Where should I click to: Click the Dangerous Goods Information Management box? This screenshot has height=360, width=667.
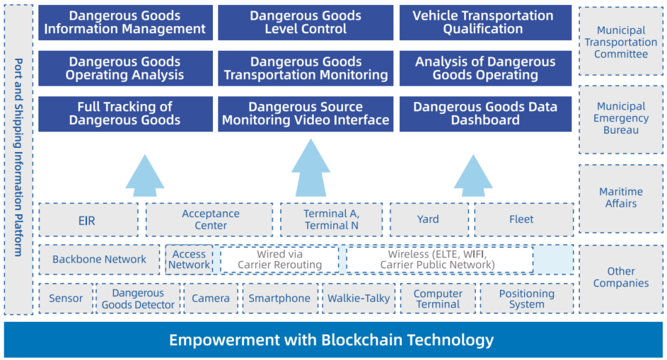125,23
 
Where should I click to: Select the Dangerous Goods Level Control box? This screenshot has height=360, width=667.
306,23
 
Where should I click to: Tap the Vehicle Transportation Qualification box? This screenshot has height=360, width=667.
485,23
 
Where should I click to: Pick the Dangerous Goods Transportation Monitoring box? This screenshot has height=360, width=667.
306,69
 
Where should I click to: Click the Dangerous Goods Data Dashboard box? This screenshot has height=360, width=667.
485,114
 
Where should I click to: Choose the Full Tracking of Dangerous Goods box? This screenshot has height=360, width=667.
125,114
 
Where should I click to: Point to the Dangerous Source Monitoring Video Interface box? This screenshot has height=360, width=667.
306,114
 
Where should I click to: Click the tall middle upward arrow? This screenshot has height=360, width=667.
311,168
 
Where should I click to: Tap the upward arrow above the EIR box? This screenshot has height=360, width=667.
144,175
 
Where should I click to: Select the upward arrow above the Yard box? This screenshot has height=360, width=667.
473,175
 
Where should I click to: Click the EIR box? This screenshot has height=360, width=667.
88,219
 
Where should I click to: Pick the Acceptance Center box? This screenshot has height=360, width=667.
209,219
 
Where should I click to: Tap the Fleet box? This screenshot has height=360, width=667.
523,219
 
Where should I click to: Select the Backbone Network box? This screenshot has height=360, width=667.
99,259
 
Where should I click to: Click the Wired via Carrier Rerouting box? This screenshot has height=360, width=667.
279,259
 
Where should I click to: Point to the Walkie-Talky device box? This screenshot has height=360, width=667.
359,298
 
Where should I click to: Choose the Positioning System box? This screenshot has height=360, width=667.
527,298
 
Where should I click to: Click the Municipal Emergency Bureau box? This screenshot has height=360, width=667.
621,119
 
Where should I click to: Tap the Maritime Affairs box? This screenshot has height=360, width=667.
621,198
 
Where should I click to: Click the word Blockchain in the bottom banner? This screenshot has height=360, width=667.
361,340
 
